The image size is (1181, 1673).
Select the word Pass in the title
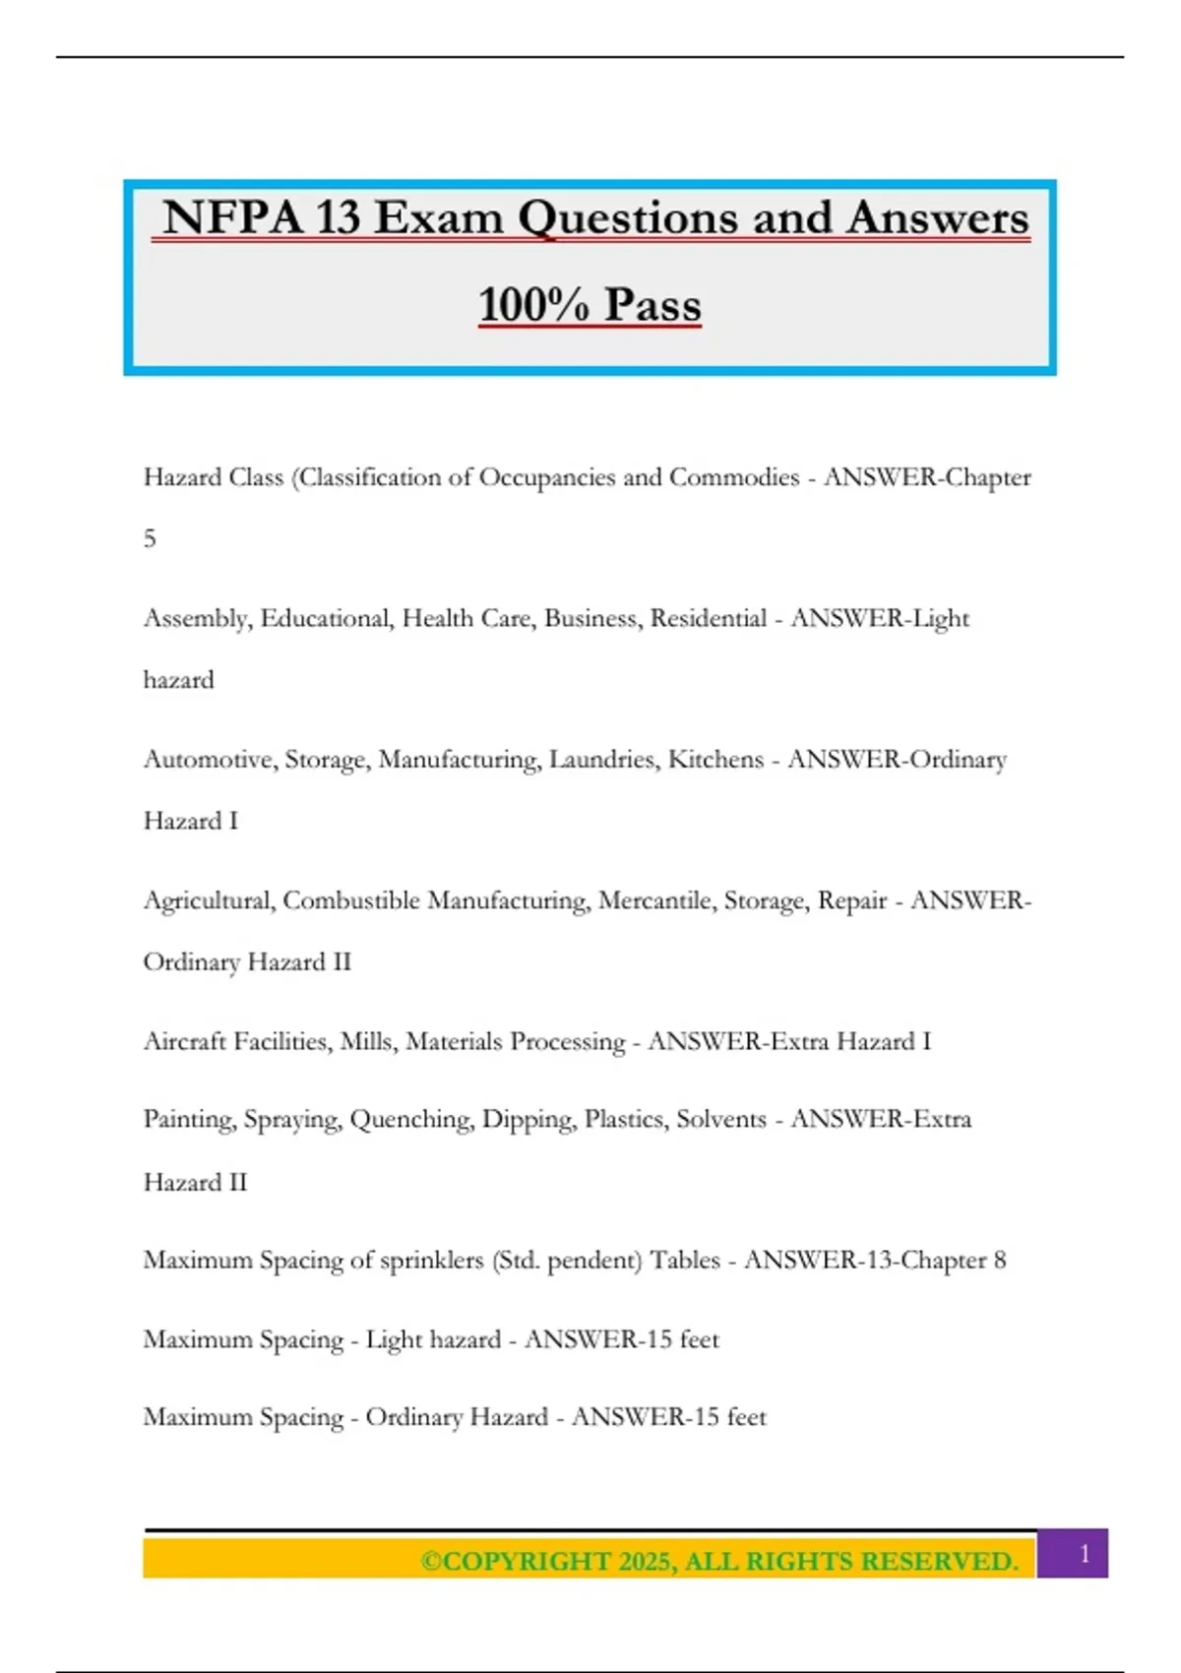click(x=653, y=304)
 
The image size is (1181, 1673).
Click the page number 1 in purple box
click(x=1085, y=1554)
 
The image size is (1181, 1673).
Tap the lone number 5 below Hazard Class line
click(x=150, y=538)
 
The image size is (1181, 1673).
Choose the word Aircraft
click(x=185, y=1041)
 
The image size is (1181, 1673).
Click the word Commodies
click(x=734, y=477)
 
